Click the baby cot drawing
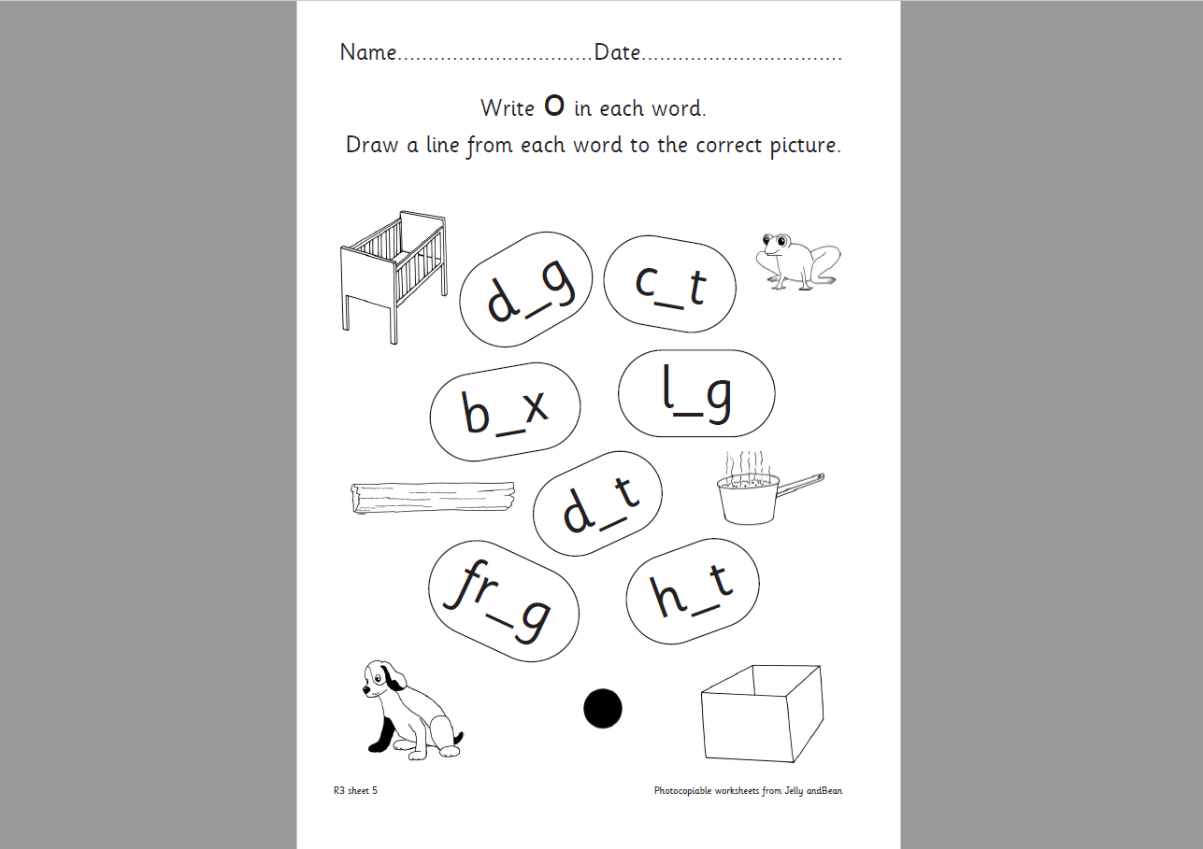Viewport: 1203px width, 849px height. (x=394, y=276)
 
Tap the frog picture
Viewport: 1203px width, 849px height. (x=798, y=262)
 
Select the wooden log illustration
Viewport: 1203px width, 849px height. (x=433, y=498)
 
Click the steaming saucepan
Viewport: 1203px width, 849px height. (x=769, y=488)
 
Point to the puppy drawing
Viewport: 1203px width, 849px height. (x=412, y=710)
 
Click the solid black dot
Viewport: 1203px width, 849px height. (x=603, y=708)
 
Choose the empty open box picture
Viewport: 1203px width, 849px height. (x=762, y=714)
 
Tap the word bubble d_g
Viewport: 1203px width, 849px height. (x=525, y=290)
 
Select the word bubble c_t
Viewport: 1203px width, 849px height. (x=669, y=284)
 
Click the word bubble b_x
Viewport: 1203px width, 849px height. (x=505, y=412)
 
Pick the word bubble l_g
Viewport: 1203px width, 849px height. (x=696, y=393)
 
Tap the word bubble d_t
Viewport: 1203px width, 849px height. (x=597, y=503)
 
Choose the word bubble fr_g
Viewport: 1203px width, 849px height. (x=504, y=601)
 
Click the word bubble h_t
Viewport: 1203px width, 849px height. (x=693, y=591)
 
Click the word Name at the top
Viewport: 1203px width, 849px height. (x=368, y=52)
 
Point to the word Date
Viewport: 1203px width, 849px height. (x=617, y=52)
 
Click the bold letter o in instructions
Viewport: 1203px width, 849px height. (x=554, y=106)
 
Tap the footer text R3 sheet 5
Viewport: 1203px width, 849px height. (x=355, y=790)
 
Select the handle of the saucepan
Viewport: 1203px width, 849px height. (x=801, y=483)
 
